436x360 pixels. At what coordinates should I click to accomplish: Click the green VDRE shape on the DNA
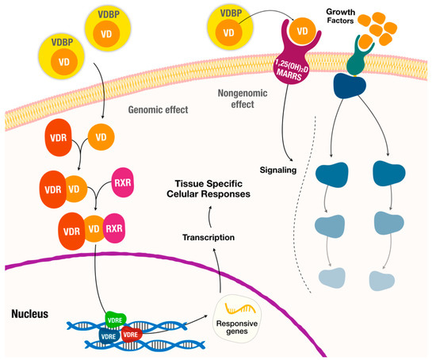coord(116,320)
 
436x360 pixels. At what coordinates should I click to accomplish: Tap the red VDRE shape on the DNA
coord(132,334)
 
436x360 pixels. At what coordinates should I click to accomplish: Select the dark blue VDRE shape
coord(109,336)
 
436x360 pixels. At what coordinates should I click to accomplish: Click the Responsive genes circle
coord(237,318)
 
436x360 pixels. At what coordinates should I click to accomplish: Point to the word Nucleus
coord(30,314)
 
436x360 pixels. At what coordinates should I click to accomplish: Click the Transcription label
coord(208,237)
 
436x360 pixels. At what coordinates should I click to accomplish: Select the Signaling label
coord(278,170)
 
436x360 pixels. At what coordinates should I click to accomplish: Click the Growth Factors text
coord(340,16)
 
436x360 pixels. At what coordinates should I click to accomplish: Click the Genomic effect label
coord(158,110)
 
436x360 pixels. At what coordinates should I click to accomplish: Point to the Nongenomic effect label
coord(243,99)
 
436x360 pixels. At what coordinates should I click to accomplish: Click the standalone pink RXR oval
coord(123,182)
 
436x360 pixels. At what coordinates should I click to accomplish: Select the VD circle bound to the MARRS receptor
coord(302,31)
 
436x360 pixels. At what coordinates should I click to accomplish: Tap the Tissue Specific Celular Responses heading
coord(208,189)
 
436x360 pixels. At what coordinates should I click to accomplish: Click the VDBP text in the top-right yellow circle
coord(231,13)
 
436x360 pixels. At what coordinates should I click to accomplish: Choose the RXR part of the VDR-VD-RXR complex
coord(113,228)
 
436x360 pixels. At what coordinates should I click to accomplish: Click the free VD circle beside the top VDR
coord(101,137)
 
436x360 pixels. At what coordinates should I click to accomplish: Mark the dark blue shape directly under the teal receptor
coord(350,86)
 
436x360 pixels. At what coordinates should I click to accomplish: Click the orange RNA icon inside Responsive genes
coord(240,308)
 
